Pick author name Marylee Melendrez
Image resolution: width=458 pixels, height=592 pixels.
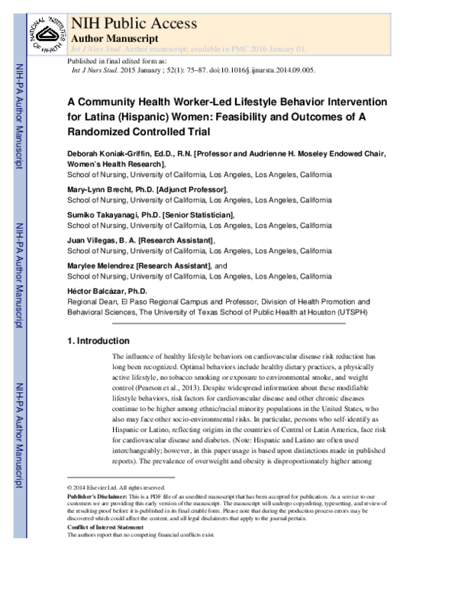[102, 265]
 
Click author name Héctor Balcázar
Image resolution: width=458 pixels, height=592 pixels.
[95, 291]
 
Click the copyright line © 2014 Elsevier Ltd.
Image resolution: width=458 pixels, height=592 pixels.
[115, 487]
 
